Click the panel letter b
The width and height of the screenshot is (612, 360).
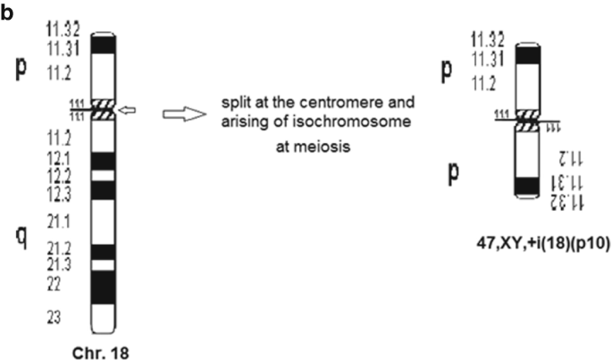pos(7,14)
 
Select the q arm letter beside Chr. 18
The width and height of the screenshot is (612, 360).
pos(28,236)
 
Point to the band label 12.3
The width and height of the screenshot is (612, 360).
pos(63,191)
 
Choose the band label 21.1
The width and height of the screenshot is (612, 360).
pos(63,220)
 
